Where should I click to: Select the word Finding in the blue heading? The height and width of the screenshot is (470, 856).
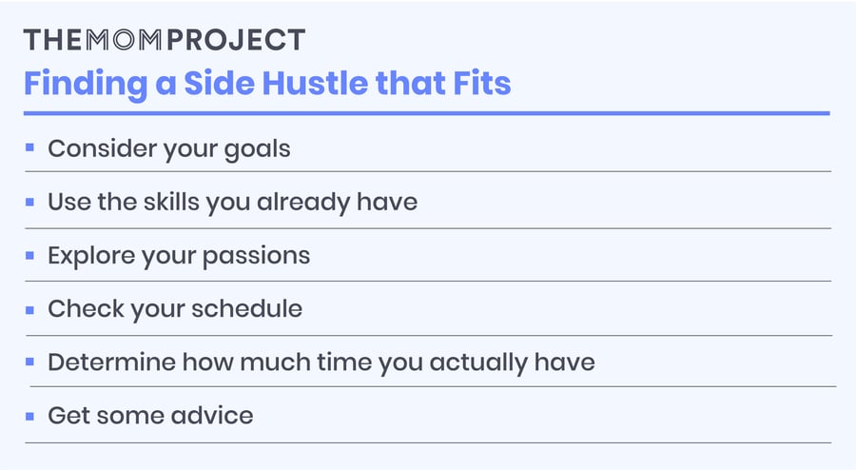[x=78, y=84]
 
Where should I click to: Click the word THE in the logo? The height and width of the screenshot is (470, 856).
[x=47, y=40]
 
